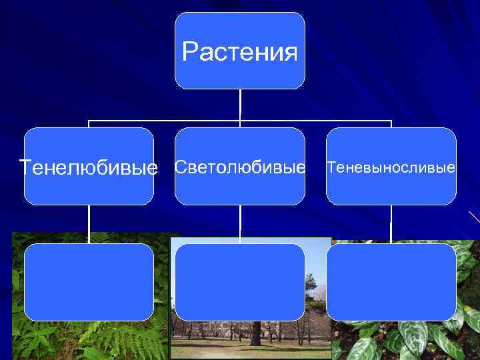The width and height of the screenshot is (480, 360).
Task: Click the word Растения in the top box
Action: [x=239, y=51]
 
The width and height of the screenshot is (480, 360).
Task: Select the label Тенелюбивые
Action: [x=89, y=167]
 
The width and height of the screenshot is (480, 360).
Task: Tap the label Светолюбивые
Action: [x=239, y=166]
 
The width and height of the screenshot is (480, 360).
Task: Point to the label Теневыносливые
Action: [x=391, y=166]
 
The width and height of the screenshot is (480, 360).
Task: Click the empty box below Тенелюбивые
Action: [x=89, y=282]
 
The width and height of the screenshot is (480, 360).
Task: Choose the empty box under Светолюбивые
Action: [x=240, y=282]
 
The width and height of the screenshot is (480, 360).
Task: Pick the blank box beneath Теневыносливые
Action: [x=391, y=282]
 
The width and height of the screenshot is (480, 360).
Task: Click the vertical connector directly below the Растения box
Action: [x=240, y=105]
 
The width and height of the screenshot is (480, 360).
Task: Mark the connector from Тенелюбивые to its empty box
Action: [x=89, y=223]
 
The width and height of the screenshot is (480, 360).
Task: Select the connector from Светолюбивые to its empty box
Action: [x=240, y=223]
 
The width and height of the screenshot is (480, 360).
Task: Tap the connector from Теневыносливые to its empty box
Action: [x=391, y=223]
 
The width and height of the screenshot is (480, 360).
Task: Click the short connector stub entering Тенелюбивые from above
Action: [x=89, y=124]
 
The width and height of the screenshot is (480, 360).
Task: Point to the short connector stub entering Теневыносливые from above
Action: [x=391, y=124]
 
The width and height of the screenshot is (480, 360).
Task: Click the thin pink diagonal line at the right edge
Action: [x=474, y=216]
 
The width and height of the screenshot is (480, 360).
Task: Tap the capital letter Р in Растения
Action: [x=189, y=51]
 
